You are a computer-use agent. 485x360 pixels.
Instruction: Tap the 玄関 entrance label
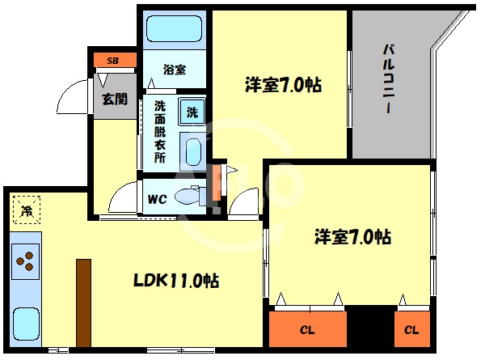click(114, 100)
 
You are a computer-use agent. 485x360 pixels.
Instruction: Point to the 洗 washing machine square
click(192, 112)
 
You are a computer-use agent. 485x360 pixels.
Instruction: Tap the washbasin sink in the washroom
click(192, 151)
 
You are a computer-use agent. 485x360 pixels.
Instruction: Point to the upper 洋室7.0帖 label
click(283, 84)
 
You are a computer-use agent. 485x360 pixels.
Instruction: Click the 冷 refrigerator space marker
click(26, 212)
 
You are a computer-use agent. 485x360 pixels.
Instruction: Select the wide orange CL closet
click(306, 330)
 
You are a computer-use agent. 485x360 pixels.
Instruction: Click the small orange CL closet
click(411, 330)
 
